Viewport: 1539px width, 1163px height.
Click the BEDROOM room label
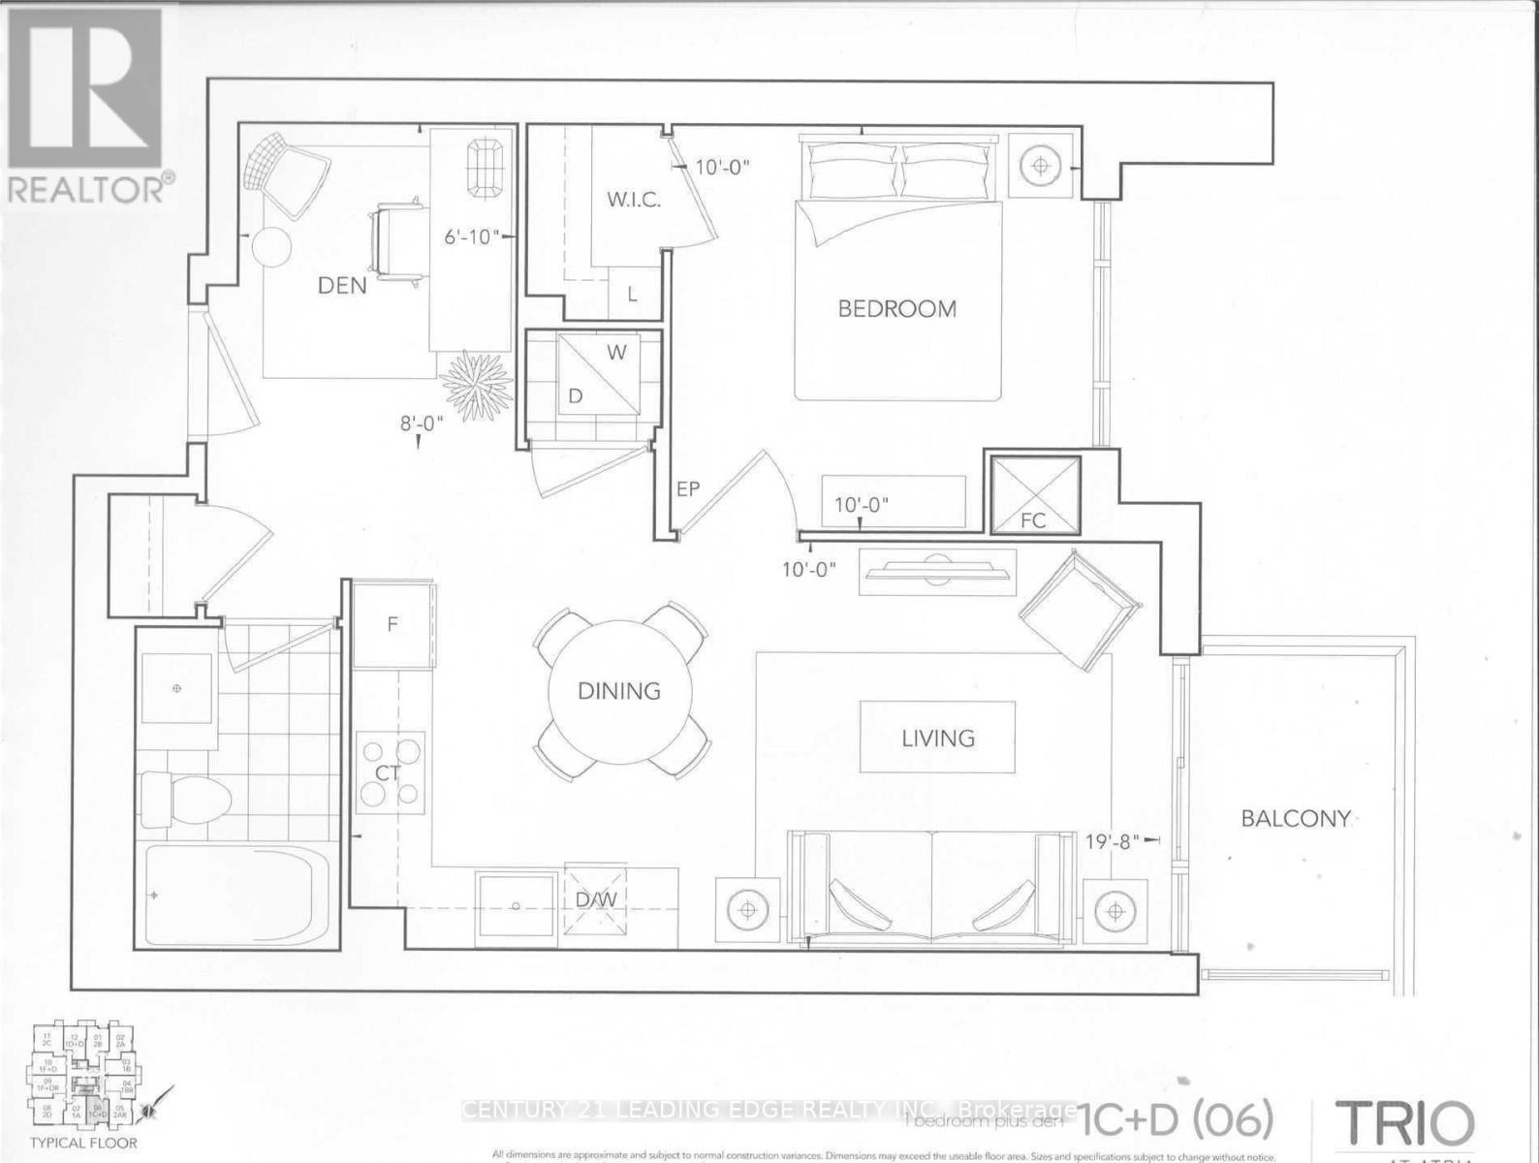[x=896, y=308]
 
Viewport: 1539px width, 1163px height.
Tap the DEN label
[x=343, y=285]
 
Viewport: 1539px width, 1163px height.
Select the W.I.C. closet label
[x=634, y=201]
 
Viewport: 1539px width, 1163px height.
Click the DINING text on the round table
[x=619, y=691]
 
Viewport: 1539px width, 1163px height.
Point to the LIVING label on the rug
[x=937, y=739]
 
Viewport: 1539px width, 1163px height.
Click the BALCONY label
[x=1296, y=818]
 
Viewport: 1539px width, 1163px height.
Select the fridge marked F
[x=393, y=624]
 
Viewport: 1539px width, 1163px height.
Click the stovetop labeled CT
[x=391, y=772]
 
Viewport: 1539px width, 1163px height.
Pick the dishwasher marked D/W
[x=596, y=899]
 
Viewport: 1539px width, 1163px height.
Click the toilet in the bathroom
[x=184, y=800]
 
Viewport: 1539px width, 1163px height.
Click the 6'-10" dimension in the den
[x=471, y=236]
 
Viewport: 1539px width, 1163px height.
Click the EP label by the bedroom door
[x=687, y=489]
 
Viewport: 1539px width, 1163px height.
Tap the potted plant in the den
[x=476, y=380]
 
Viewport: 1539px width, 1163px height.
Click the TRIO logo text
[x=1405, y=1124]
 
